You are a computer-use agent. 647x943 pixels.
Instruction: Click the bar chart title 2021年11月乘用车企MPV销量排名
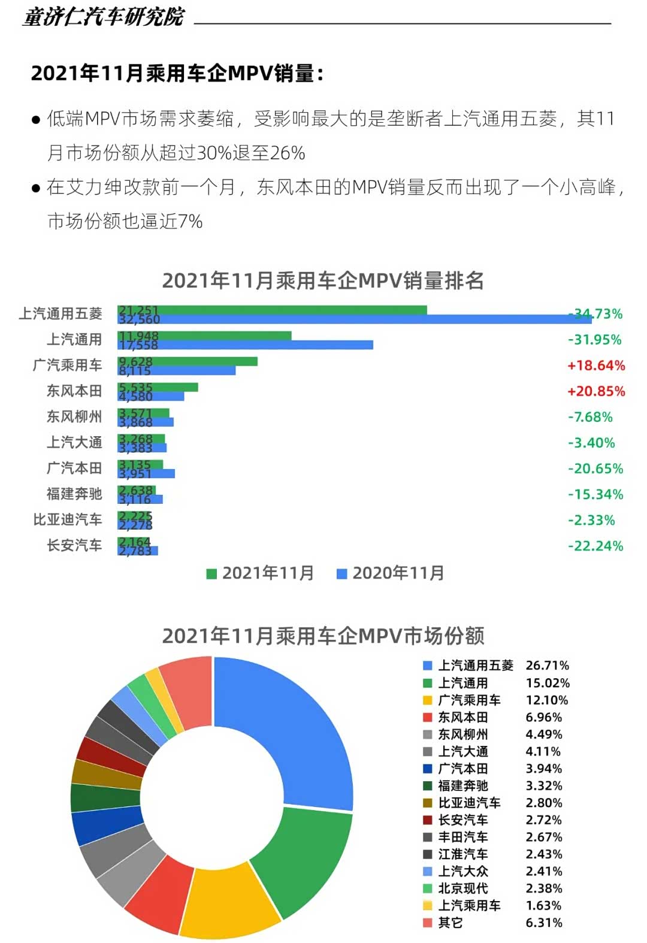tap(323, 280)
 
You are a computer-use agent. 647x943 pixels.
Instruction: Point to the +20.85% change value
tap(596, 391)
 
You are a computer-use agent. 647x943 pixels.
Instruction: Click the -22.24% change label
tap(595, 546)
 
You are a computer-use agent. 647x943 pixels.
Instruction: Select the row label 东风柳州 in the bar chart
tap(74, 416)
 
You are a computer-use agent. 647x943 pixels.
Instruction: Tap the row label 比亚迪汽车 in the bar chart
tap(68, 519)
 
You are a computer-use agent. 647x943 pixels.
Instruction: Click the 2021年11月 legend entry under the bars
tap(260, 573)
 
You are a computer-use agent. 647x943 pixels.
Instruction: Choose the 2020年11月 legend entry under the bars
tap(391, 573)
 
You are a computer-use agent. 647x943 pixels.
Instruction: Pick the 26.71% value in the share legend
tap(547, 666)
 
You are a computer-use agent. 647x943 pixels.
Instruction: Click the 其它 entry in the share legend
tap(450, 923)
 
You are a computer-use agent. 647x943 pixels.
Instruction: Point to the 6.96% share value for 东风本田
tap(543, 717)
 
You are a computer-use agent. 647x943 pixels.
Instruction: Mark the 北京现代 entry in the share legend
tap(462, 888)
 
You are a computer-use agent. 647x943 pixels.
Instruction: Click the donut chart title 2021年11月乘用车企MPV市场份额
tap(323, 636)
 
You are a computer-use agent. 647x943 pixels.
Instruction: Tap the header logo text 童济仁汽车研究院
tap(104, 17)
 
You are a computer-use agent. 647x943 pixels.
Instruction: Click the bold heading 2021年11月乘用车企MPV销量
tap(177, 73)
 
